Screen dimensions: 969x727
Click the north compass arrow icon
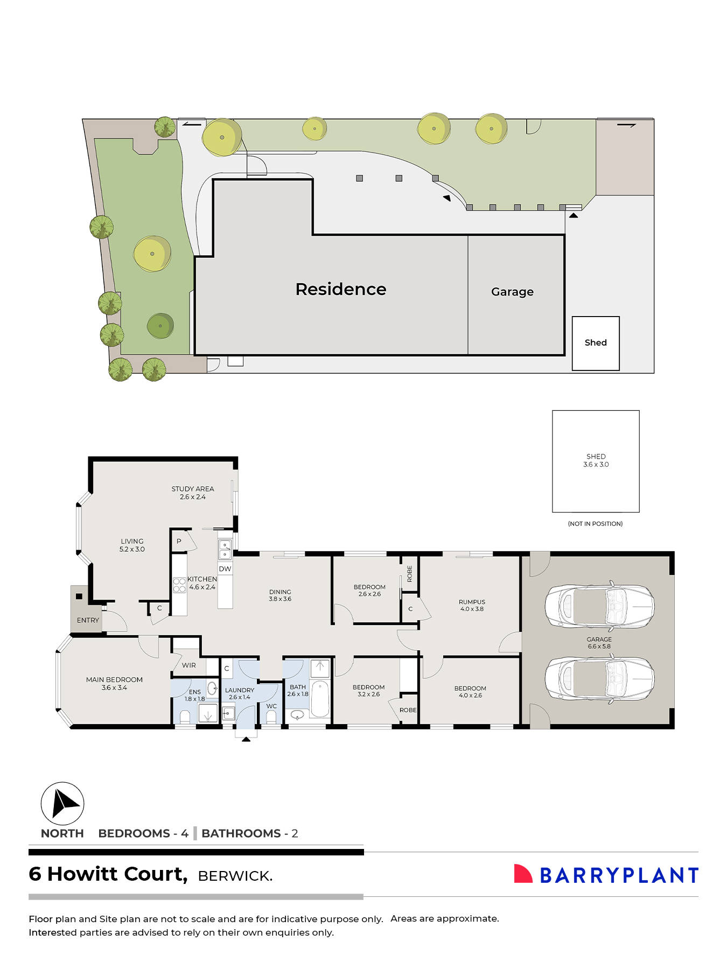tap(62, 804)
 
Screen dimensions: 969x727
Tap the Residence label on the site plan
tap(341, 290)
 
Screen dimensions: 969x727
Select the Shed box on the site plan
tap(596, 343)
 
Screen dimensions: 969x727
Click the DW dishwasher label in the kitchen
tap(225, 569)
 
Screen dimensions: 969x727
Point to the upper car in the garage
tap(599, 606)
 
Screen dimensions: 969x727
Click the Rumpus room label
tap(472, 606)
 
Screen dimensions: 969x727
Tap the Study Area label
tap(193, 493)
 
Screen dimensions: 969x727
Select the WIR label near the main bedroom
tap(188, 665)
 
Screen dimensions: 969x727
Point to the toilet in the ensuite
tap(185, 716)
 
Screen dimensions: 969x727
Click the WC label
tap(271, 706)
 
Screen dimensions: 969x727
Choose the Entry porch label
tap(88, 620)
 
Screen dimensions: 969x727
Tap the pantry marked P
tap(179, 542)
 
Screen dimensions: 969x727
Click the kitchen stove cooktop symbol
tap(179, 585)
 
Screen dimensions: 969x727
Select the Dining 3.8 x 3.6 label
tap(280, 595)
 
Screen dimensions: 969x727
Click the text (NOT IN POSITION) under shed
tap(595, 524)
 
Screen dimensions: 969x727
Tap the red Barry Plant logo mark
tap(522, 874)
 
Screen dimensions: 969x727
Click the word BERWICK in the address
tap(235, 876)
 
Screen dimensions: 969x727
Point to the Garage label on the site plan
tap(512, 292)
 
